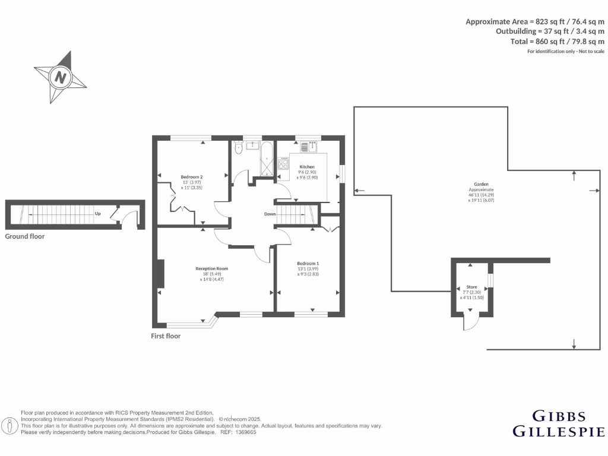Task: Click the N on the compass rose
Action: (x=61, y=77)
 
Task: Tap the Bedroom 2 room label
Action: (x=192, y=177)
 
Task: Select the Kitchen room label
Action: (x=307, y=167)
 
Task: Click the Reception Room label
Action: (x=212, y=268)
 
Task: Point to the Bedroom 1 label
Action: (x=308, y=263)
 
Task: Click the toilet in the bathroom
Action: (x=237, y=149)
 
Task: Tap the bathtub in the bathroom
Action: (x=266, y=158)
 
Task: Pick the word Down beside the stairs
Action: (x=270, y=214)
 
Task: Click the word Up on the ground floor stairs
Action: (x=97, y=214)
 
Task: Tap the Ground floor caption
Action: (x=24, y=236)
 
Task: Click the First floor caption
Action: (x=166, y=336)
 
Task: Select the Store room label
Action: (x=471, y=287)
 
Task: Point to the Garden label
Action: (x=481, y=185)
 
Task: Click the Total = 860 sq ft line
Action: (x=558, y=42)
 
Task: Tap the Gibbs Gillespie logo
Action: (x=558, y=423)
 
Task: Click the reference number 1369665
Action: (x=245, y=432)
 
